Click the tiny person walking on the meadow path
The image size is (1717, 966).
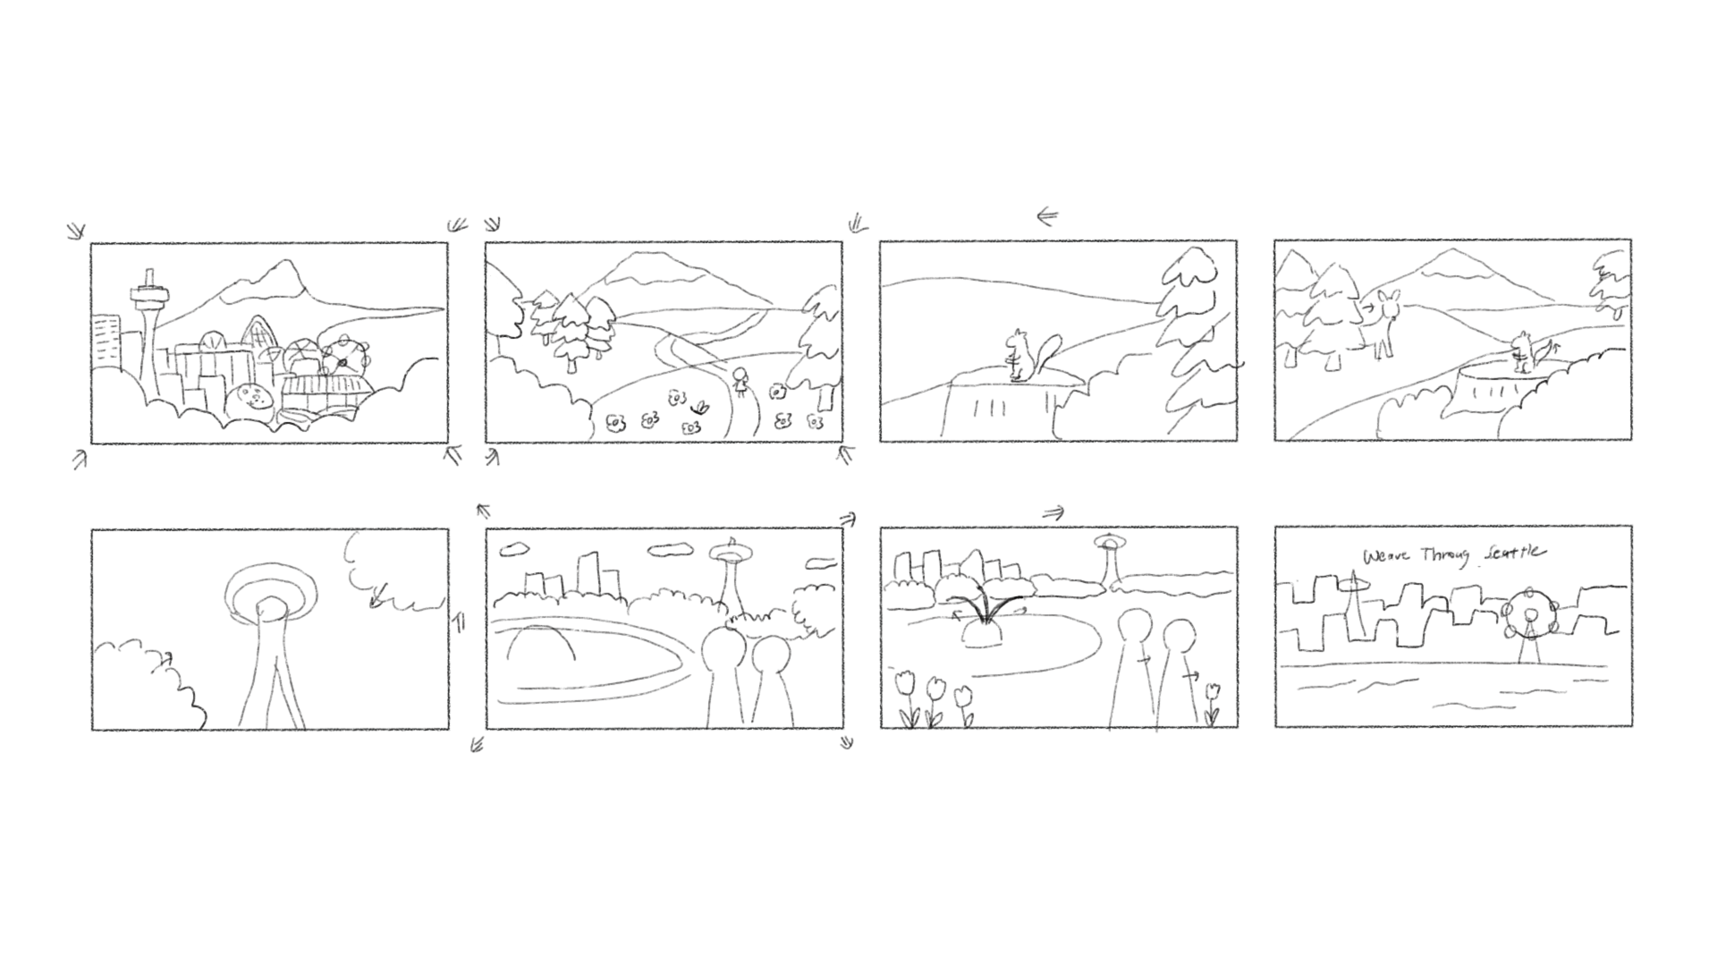point(740,383)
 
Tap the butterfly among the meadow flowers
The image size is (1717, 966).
point(701,407)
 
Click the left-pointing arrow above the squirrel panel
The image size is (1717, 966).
point(1048,216)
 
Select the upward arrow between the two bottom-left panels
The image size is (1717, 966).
point(459,622)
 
